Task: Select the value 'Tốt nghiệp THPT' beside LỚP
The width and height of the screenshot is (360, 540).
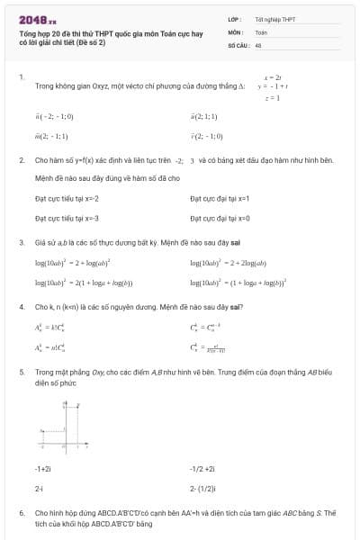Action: [274, 19]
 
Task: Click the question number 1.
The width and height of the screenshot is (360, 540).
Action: [21, 77]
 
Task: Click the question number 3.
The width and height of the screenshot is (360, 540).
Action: [21, 242]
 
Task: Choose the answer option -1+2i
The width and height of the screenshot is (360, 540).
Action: [43, 468]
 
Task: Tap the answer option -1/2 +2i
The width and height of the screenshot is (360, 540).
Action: [202, 468]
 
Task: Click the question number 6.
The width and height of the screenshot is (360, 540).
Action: [21, 512]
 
